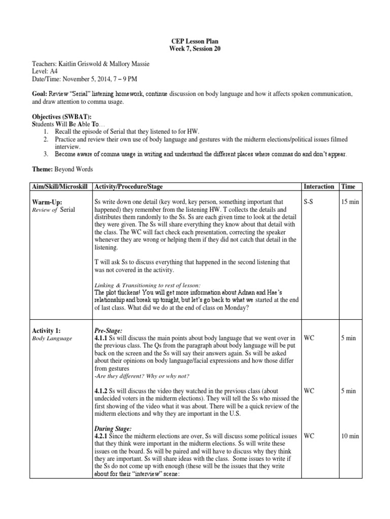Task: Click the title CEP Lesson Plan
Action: click(195, 41)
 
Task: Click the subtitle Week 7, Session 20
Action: click(195, 49)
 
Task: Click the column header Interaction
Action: click(319, 187)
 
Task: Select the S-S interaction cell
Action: click(309, 202)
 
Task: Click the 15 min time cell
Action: click(350, 202)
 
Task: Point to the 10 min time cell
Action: click(350, 436)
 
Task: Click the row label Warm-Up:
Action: click(47, 202)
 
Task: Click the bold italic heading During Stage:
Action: click(115, 428)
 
